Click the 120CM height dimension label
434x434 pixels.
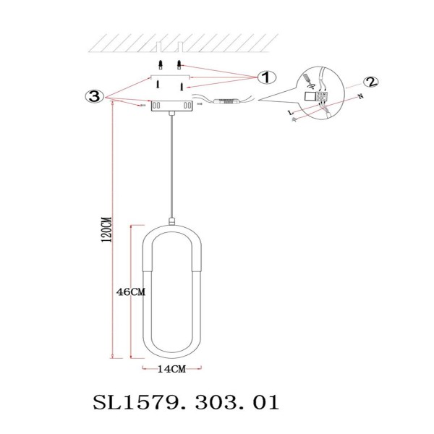pyautogui.click(x=106, y=231)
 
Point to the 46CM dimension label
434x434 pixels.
pyautogui.click(x=132, y=292)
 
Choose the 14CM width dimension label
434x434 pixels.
pyautogui.click(x=171, y=368)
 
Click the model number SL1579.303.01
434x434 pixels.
pyautogui.click(x=186, y=401)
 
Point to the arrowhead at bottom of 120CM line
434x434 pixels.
pyautogui.click(x=112, y=356)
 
